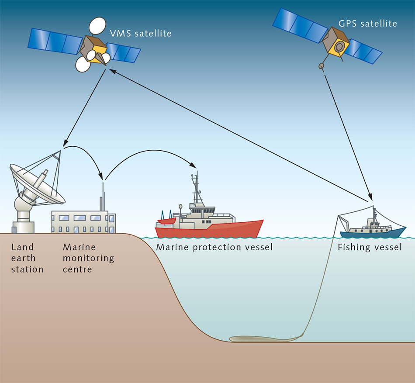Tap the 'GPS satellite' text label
tap(372, 23)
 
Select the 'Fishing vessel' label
tap(370, 248)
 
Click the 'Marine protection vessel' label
tap(214, 248)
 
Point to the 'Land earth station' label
tap(27, 259)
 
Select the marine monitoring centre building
tap(83, 222)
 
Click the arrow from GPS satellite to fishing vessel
tap(347, 135)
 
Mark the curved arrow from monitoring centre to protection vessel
tap(149, 153)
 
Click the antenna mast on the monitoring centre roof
tap(104, 197)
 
